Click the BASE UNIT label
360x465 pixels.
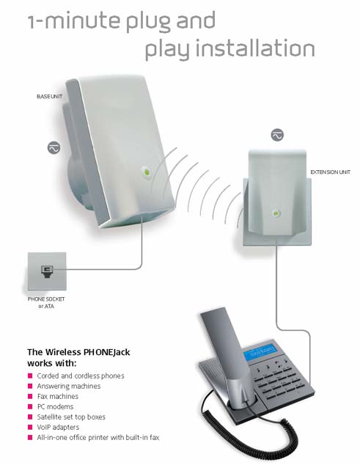pyautogui.click(x=50, y=96)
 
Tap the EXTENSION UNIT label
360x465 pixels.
pyautogui.click(x=330, y=172)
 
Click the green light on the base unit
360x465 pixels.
pyautogui.click(x=146, y=172)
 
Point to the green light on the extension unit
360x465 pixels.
pyautogui.click(x=276, y=213)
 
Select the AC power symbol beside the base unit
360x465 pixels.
pyautogui.click(x=54, y=147)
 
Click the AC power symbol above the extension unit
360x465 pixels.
pyautogui.click(x=277, y=135)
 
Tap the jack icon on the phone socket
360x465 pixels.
pyautogui.click(x=47, y=271)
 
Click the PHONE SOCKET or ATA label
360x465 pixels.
pyautogui.click(x=46, y=302)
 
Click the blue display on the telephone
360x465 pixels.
pyautogui.click(x=260, y=352)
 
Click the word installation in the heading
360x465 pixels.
pyautogui.click(x=255, y=49)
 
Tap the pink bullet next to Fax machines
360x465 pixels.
pyautogui.click(x=30, y=396)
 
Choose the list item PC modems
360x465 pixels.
pyautogui.click(x=55, y=406)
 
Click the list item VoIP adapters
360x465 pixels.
pyautogui.click(x=58, y=427)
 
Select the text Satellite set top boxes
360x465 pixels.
pyautogui.click(x=71, y=417)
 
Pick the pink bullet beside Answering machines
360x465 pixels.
pyautogui.click(x=30, y=386)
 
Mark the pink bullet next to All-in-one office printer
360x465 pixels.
pyautogui.click(x=30, y=437)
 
